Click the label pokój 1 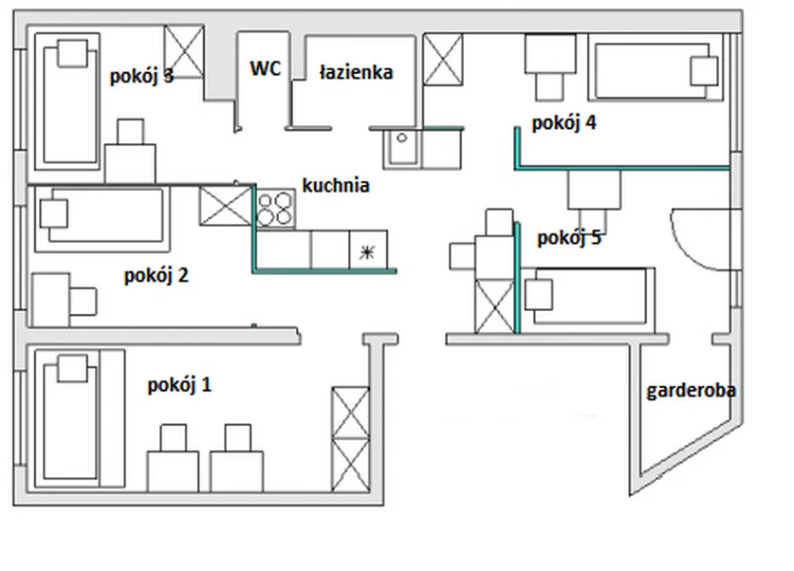(180, 385)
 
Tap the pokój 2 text (157, 276)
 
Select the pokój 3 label (141, 76)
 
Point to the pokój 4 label (563, 122)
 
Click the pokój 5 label (569, 238)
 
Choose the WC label (266, 68)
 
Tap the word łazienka (356, 72)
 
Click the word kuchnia (336, 185)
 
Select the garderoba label (692, 390)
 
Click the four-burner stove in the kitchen (275, 208)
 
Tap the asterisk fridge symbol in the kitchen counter (368, 251)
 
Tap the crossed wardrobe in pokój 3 (185, 51)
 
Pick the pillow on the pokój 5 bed (541, 295)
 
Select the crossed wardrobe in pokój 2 (226, 206)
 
